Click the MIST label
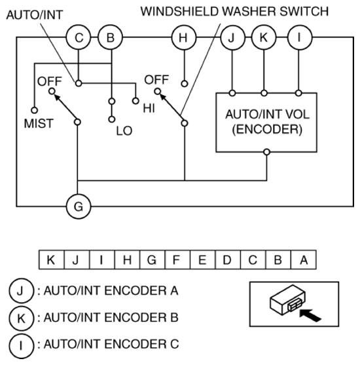[x=39, y=123]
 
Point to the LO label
[x=124, y=131]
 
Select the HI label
[x=149, y=108]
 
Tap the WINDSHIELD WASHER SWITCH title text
[x=234, y=11]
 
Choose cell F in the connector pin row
[x=177, y=259]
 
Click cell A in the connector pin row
[x=304, y=259]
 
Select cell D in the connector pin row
[x=228, y=259]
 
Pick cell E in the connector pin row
[x=202, y=259]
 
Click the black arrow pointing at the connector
[x=310, y=315]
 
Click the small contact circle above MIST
[x=35, y=110]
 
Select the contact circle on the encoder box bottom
[x=267, y=152]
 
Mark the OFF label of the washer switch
[x=156, y=79]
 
